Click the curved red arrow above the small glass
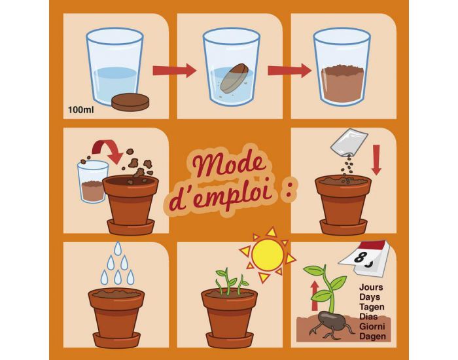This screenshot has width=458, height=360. [105, 147]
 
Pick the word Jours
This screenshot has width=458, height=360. [372, 286]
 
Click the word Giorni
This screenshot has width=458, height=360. [373, 327]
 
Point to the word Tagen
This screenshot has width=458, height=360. [372, 306]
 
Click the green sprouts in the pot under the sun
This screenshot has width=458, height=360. [229, 281]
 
